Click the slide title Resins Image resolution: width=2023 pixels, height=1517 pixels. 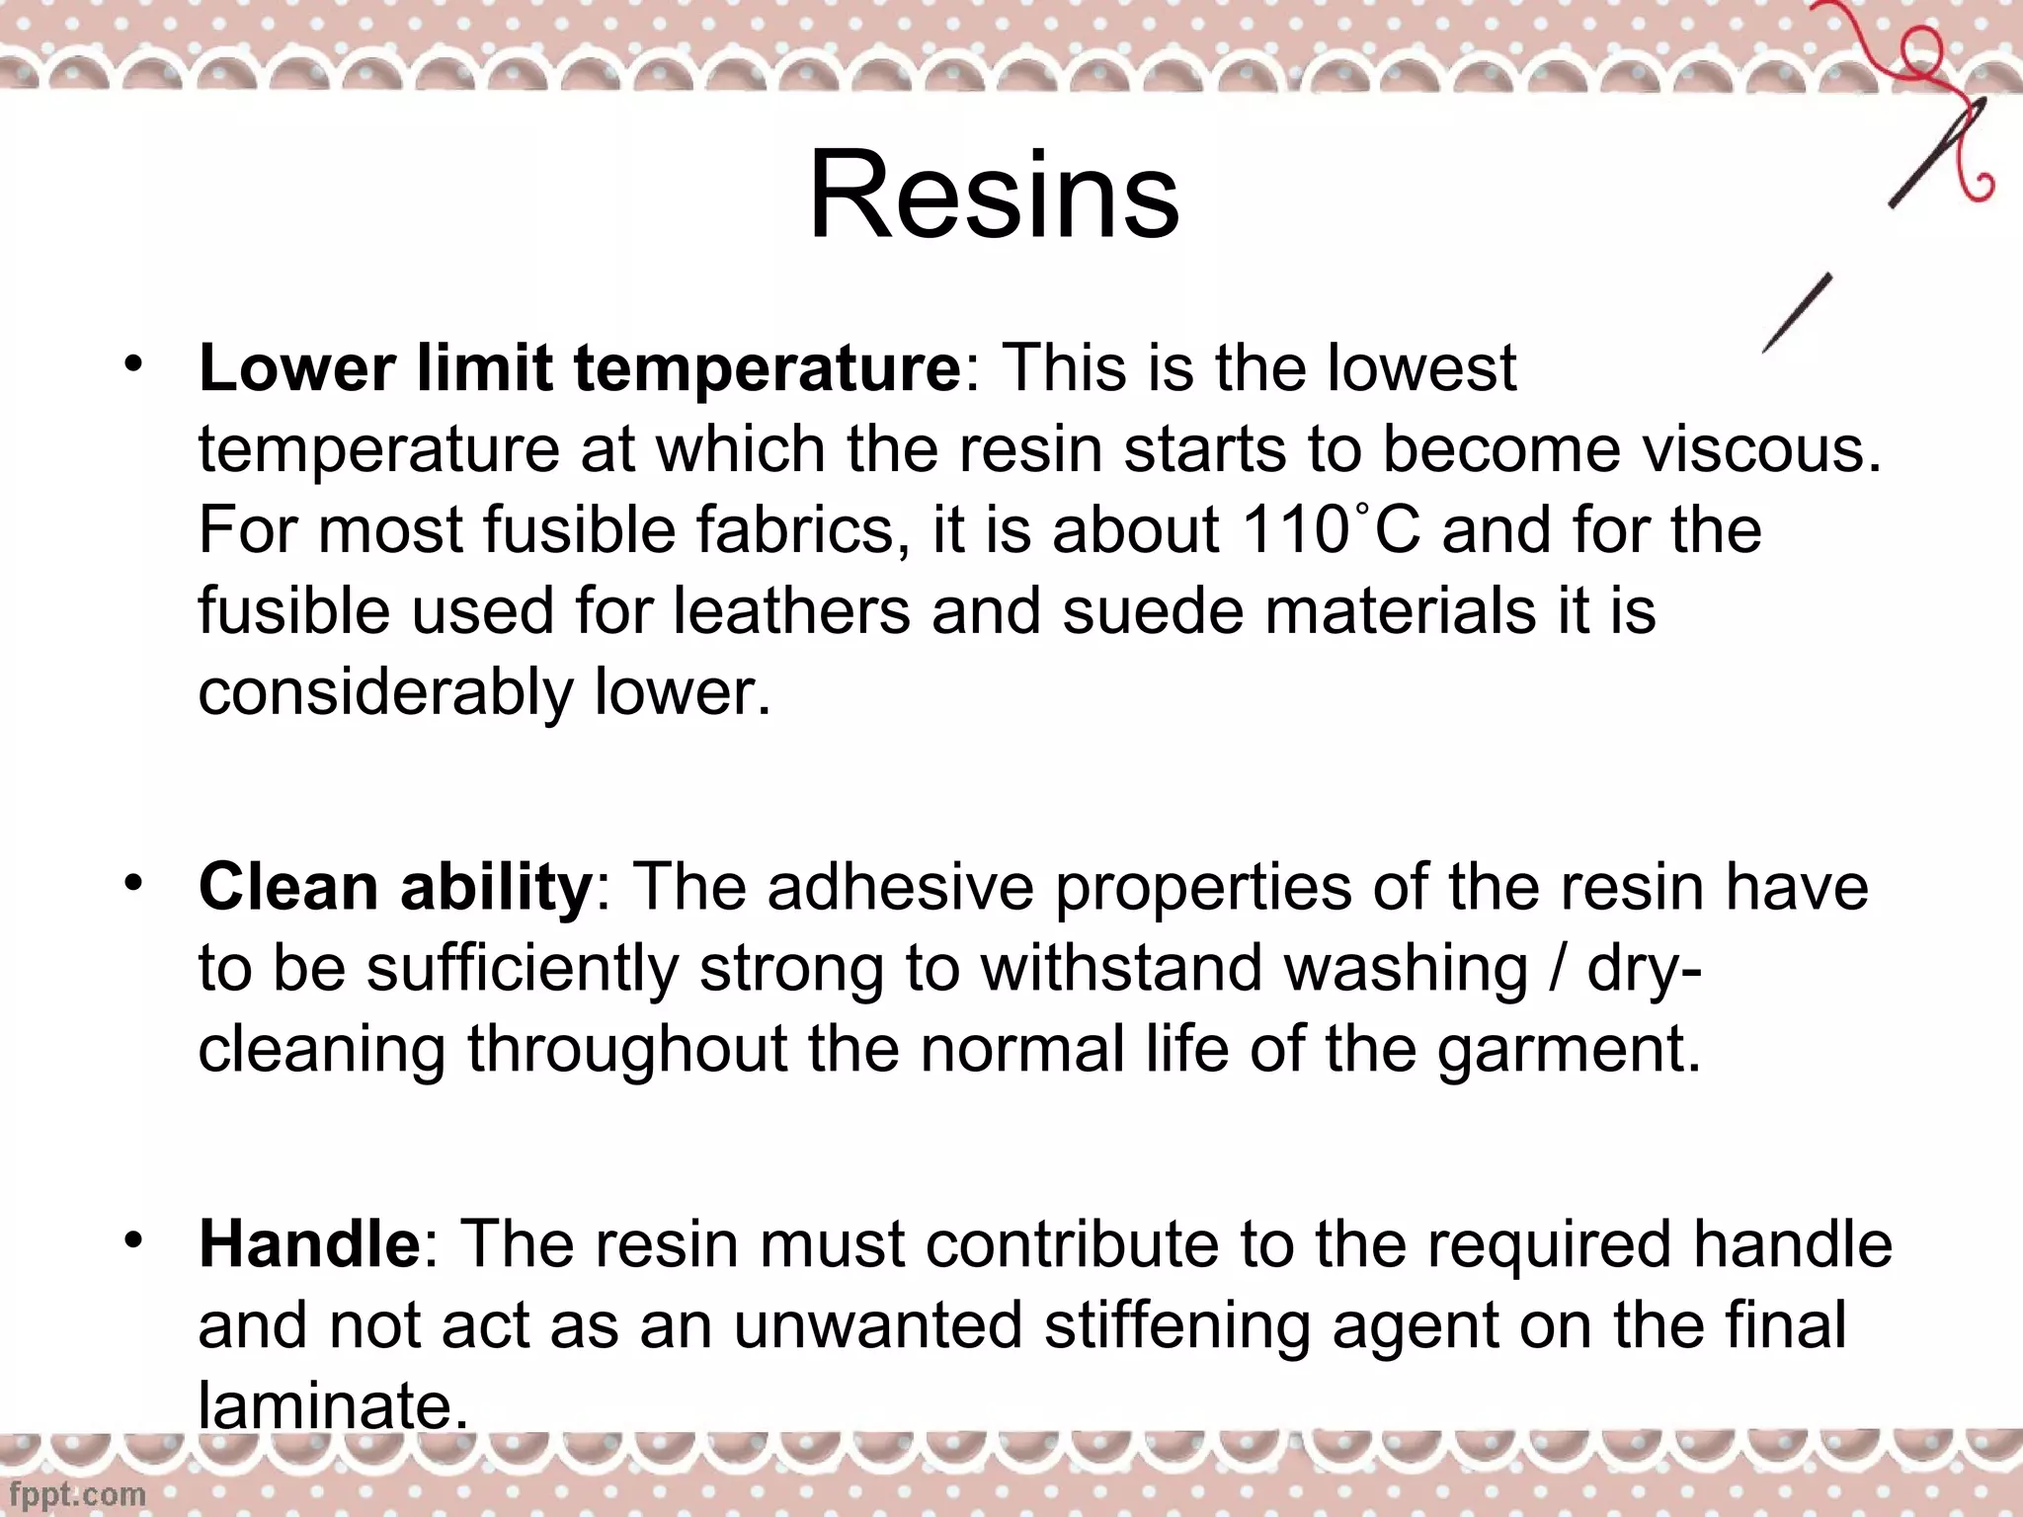pyautogui.click(x=994, y=194)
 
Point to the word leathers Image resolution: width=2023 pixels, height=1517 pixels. pyautogui.click(x=791, y=611)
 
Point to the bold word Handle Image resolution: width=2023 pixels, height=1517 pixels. pyautogui.click(x=309, y=1243)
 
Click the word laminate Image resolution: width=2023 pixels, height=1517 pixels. pyautogui.click(x=332, y=1406)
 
